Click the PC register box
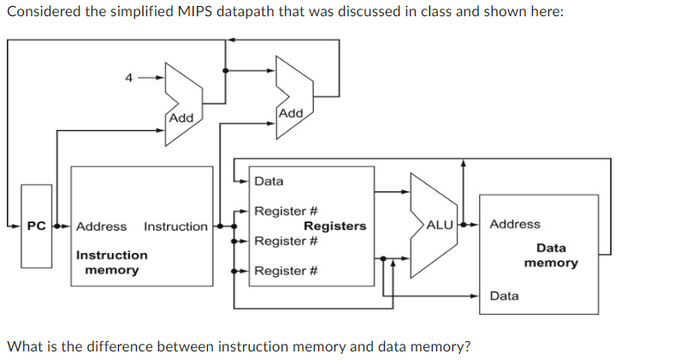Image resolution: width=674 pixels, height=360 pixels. click(36, 226)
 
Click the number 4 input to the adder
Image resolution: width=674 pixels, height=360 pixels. click(128, 78)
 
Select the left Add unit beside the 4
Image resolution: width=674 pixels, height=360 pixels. click(181, 101)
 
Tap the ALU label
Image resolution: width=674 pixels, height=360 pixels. click(439, 226)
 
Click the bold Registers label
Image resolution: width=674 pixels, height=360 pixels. click(334, 226)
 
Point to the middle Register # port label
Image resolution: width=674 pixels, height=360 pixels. click(287, 241)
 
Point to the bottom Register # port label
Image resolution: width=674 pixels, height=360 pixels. click(287, 271)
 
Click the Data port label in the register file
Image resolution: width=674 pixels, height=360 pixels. click(269, 181)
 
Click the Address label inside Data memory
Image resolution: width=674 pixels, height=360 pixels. click(515, 224)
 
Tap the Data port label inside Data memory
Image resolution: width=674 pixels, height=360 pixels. click(504, 296)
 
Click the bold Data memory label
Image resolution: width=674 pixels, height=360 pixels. click(550, 255)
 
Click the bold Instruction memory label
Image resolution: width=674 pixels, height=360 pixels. click(111, 263)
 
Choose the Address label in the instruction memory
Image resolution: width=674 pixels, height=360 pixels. click(101, 227)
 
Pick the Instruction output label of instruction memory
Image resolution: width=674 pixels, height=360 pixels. click(175, 227)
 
